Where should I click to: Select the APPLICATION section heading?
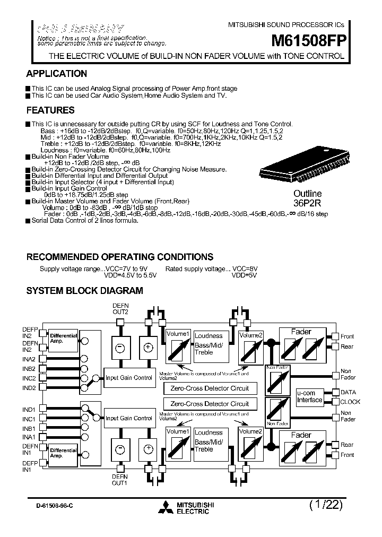coord(57,74)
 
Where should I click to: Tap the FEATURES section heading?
coord(50,110)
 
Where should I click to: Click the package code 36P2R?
coord(308,202)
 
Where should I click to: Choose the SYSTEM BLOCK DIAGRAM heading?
coord(84,291)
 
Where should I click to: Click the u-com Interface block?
coord(309,396)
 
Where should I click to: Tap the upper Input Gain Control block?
coord(129,378)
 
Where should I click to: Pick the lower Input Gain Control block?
coord(129,418)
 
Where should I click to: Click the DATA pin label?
coord(348,393)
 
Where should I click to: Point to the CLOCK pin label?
coord(350,402)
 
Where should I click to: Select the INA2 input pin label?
coord(29,359)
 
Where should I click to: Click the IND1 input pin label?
coord(29,410)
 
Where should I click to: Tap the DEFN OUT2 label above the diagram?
coord(120,309)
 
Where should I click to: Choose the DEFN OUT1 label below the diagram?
coord(120,480)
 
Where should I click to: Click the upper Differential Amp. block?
coord(63,339)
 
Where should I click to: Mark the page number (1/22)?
coord(325,505)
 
